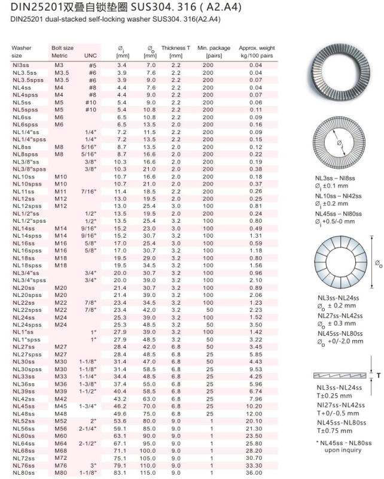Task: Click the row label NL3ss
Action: click(22, 64)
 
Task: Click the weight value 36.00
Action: click(255, 472)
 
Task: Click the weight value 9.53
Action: click(255, 370)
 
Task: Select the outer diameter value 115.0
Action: click(148, 472)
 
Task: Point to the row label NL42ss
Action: click(23, 399)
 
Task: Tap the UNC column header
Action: click(90, 55)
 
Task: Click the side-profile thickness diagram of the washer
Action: click(339, 375)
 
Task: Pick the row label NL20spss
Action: click(27, 295)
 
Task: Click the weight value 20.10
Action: click(255, 421)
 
